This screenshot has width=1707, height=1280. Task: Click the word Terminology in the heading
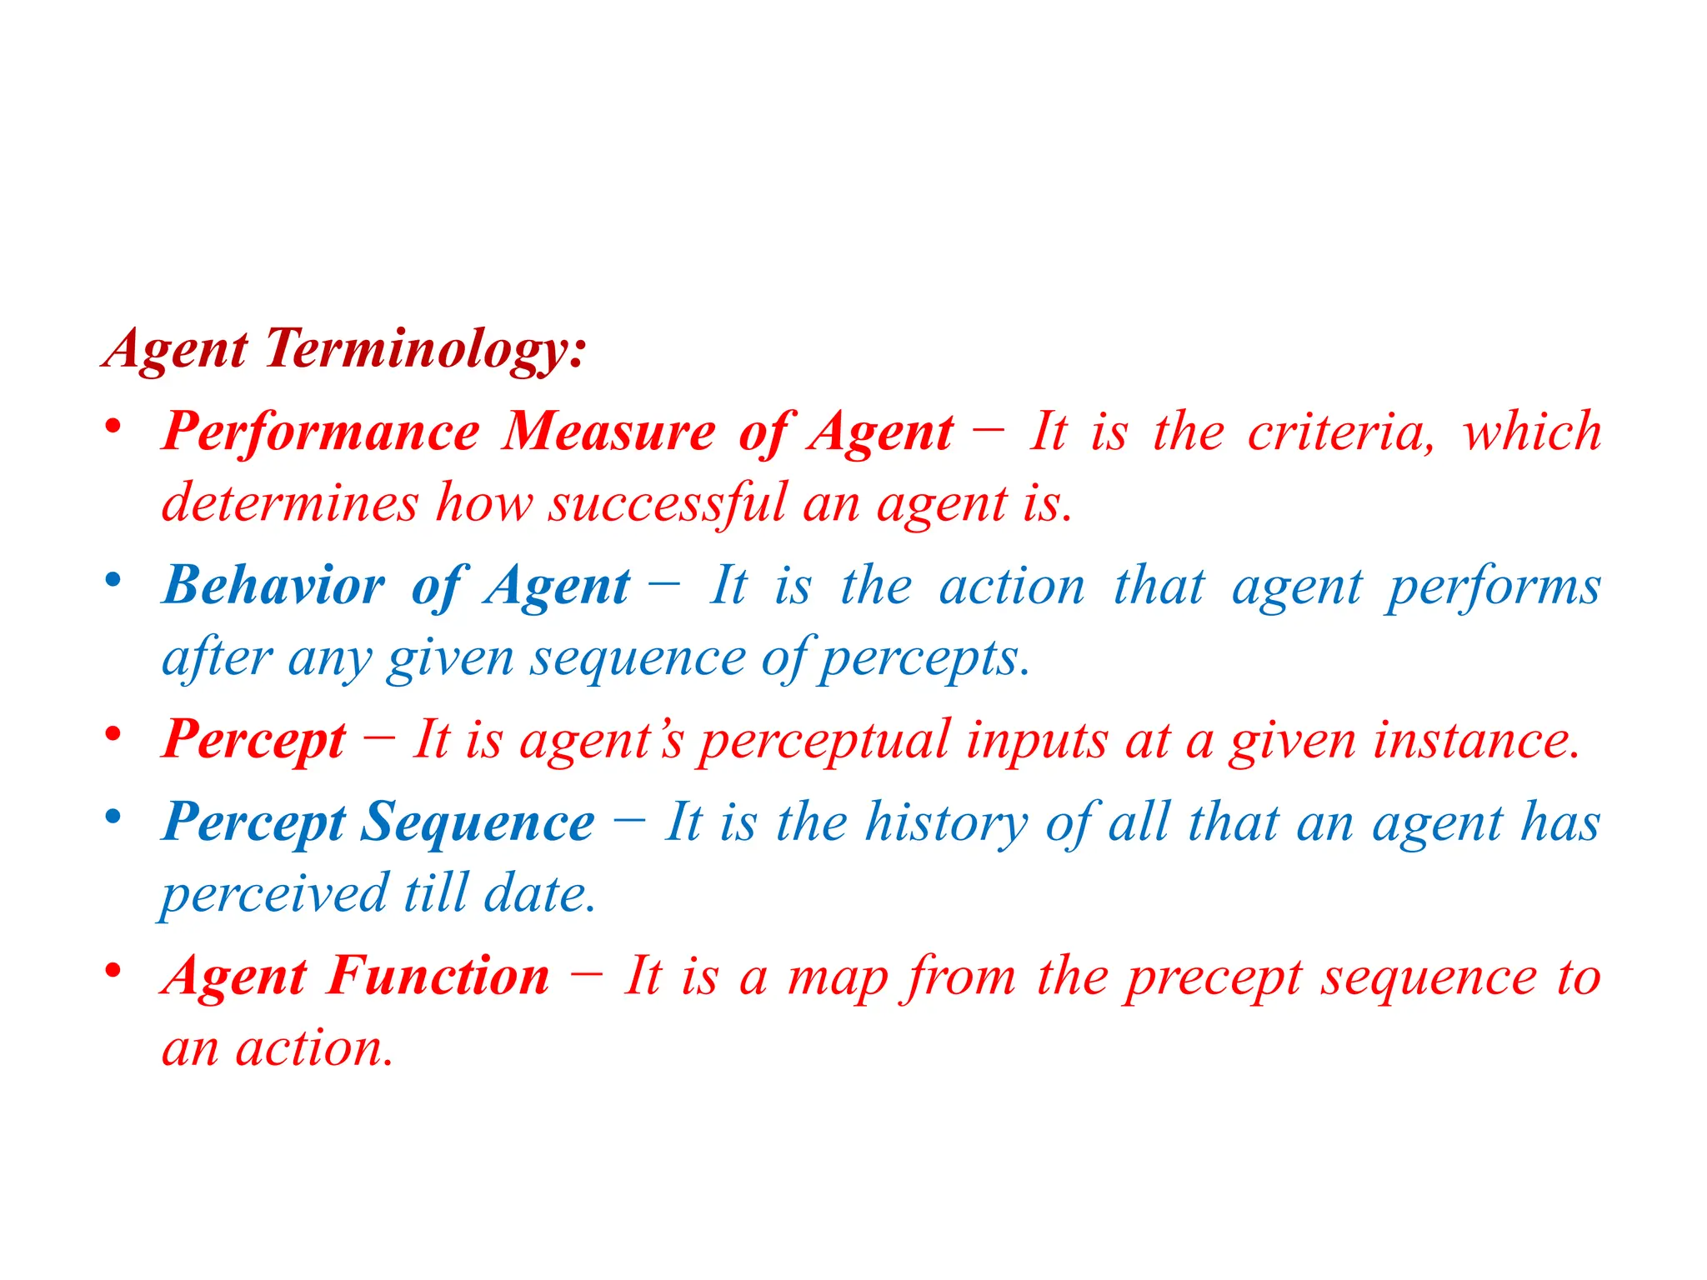click(x=425, y=348)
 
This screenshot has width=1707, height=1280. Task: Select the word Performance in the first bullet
click(x=321, y=432)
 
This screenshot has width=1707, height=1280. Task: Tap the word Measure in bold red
click(x=608, y=432)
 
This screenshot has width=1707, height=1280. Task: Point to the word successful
click(x=667, y=503)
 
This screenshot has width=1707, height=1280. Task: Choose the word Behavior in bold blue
click(x=274, y=586)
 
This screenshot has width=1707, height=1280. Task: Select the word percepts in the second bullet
click(x=924, y=658)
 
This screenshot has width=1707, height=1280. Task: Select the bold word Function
click(x=438, y=977)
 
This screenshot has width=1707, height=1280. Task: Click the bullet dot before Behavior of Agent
click(x=113, y=580)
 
